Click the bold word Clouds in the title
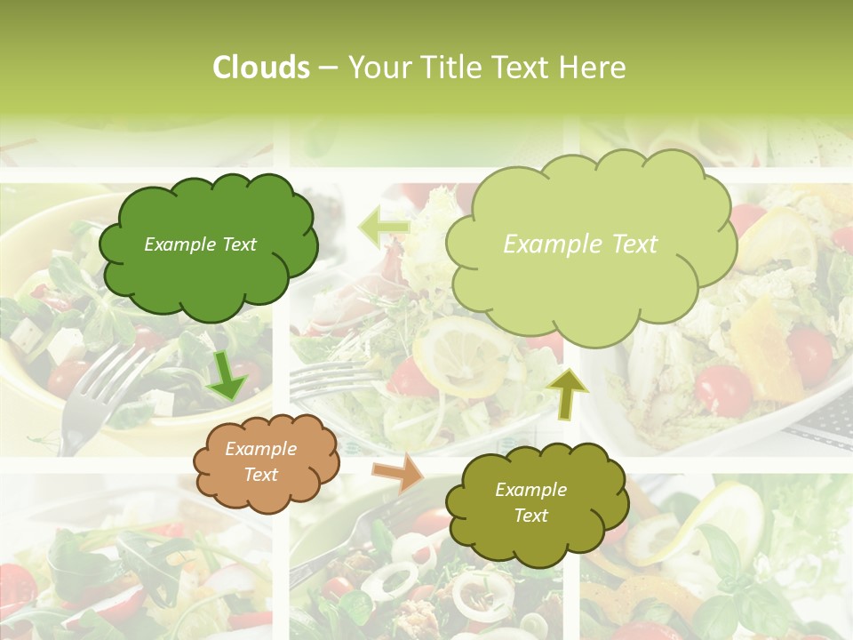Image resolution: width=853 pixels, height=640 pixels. click(x=261, y=68)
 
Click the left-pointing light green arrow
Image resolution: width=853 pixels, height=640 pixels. click(x=383, y=228)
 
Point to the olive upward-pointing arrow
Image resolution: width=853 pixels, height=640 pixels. click(x=568, y=394)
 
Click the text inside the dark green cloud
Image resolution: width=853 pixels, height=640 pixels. click(x=200, y=244)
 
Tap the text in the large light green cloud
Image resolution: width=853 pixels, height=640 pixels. click(x=580, y=244)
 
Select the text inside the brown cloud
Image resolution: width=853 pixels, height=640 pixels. click(x=261, y=462)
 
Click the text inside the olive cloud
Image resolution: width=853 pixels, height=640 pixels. click(x=530, y=502)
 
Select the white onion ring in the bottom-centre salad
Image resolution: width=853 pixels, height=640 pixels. click(x=390, y=582)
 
